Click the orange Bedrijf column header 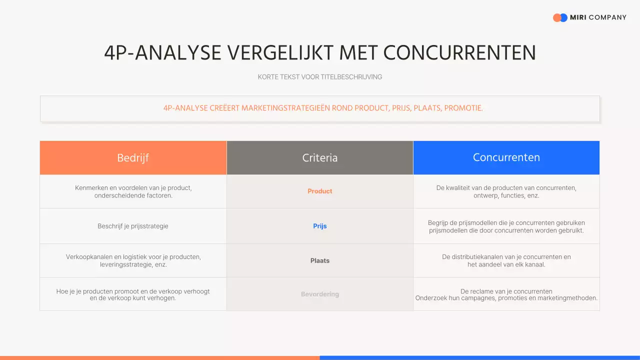[133, 158]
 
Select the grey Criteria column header [320, 158]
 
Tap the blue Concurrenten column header [506, 157]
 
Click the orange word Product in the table [320, 191]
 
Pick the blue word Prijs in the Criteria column [320, 226]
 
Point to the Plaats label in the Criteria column [320, 260]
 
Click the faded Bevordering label [320, 294]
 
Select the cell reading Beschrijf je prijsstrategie [133, 226]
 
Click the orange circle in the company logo [556, 17]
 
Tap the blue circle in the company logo [564, 17]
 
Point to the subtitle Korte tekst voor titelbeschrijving [320, 77]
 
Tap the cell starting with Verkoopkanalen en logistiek [133, 260]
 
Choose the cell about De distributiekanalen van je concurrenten [506, 260]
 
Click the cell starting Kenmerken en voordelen [133, 191]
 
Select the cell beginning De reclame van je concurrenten [506, 294]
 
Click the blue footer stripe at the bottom [480, 357]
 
